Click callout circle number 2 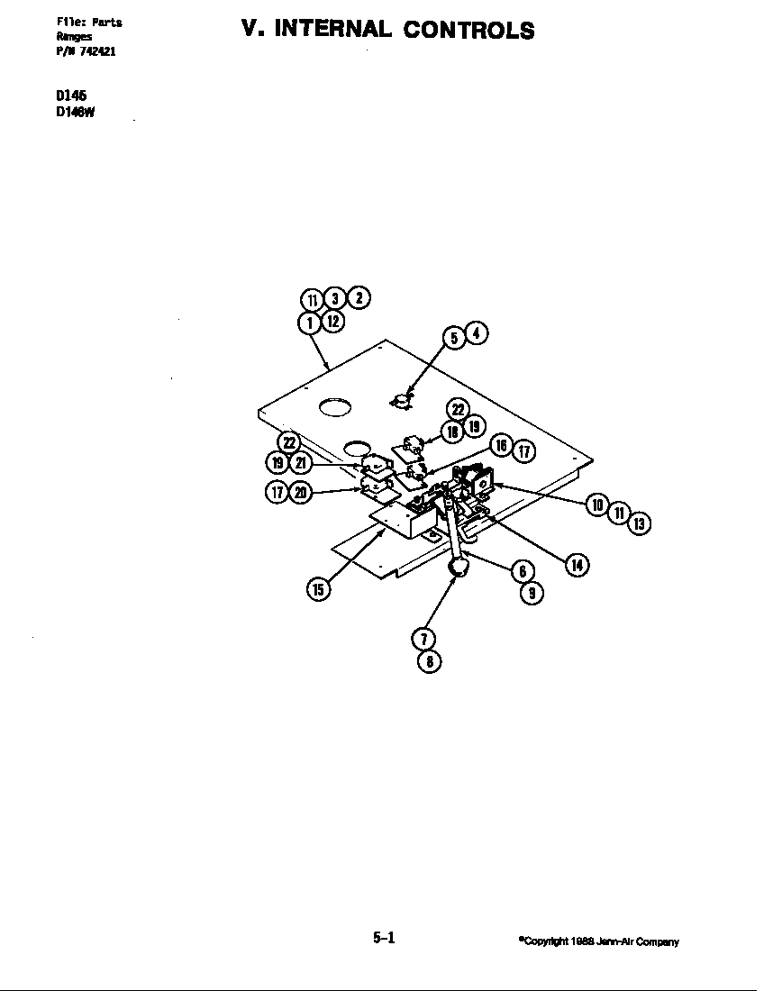pos(358,297)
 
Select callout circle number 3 pos(334,298)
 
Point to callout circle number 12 pos(332,320)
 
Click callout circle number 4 pos(477,332)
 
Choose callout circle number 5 pos(454,337)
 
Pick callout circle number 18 pos(453,432)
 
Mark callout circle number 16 pos(502,445)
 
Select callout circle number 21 pos(301,462)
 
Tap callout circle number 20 pos(301,492)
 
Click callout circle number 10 pos(596,505)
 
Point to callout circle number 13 pos(640,523)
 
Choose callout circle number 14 pos(576,565)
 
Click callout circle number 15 pos(317,589)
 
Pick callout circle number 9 pos(532,593)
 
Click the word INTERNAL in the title pos(333,30)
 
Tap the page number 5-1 pos(384,938)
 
